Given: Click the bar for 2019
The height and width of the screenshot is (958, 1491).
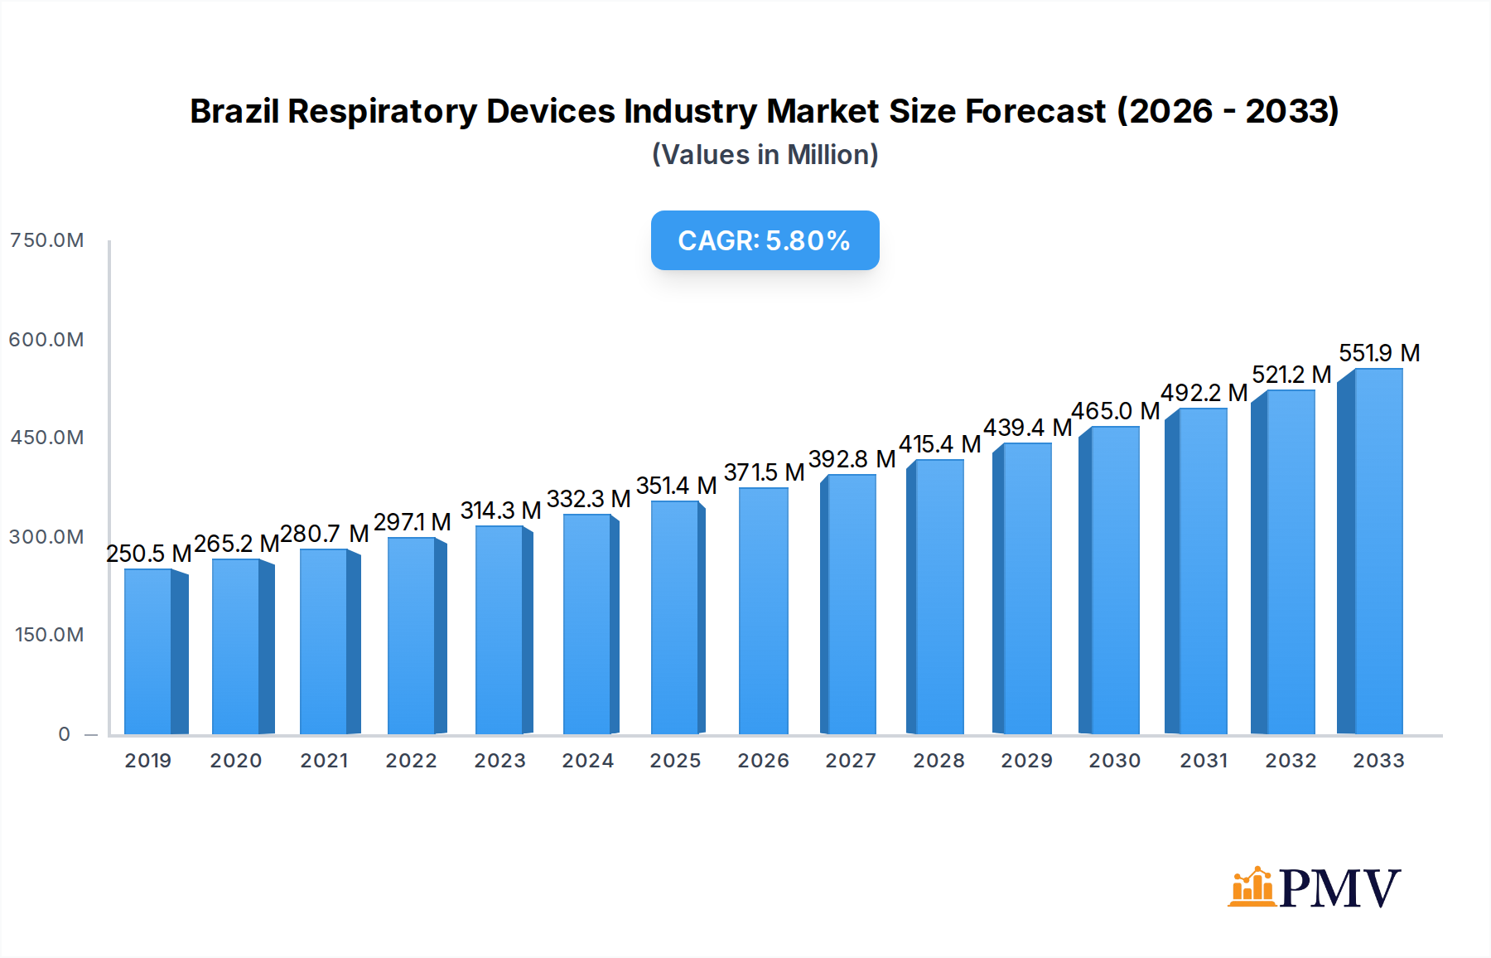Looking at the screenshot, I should pyautogui.click(x=148, y=651).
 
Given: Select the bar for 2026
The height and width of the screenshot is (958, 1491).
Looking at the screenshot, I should pyautogui.click(x=763, y=612).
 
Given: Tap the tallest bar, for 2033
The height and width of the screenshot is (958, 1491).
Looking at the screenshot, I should pyautogui.click(x=1378, y=552).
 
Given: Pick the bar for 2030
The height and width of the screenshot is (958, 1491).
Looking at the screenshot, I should pyautogui.click(x=1114, y=580).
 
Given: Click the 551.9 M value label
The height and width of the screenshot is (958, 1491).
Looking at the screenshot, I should pyautogui.click(x=1379, y=353).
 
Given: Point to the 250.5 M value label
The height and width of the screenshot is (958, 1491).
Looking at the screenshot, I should pyautogui.click(x=149, y=554).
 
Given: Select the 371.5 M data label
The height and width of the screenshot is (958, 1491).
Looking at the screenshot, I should pyautogui.click(x=764, y=472).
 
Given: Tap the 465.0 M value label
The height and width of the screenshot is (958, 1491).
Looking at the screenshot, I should pyautogui.click(x=1115, y=411).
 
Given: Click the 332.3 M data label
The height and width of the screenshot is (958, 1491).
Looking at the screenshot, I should pyautogui.click(x=588, y=499).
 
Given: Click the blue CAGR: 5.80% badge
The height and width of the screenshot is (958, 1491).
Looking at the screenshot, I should pyautogui.click(x=765, y=240).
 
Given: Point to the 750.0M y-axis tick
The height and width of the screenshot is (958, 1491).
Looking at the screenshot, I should pyautogui.click(x=47, y=240).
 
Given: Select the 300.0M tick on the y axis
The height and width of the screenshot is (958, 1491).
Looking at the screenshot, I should pyautogui.click(x=47, y=537).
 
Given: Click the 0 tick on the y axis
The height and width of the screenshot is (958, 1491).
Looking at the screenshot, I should pyautogui.click(x=65, y=734).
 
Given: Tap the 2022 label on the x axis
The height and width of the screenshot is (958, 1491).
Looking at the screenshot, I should pyautogui.click(x=411, y=761).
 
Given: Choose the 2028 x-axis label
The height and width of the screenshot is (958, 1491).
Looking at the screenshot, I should pyautogui.click(x=939, y=761).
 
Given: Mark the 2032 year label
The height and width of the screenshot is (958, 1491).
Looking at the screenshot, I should pyautogui.click(x=1291, y=761).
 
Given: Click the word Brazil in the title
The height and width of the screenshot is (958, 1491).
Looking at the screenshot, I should pyautogui.click(x=234, y=111).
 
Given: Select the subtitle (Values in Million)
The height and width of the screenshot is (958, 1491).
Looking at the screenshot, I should pyautogui.click(x=765, y=155).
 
